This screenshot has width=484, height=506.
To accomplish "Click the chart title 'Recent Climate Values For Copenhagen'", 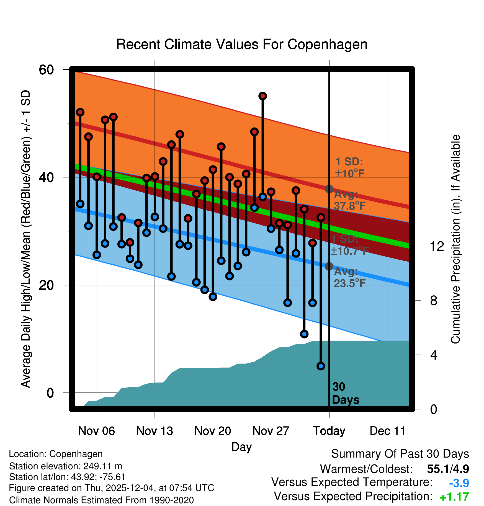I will tap(242, 44).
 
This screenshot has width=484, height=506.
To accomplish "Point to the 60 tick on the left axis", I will tap(46, 69).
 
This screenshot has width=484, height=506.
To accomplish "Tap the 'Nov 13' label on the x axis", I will tap(155, 431).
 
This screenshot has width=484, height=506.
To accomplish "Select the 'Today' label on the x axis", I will tap(329, 431).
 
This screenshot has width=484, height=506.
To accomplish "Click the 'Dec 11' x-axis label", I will tap(387, 431).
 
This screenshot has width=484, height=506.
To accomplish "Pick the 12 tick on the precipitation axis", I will tap(437, 246).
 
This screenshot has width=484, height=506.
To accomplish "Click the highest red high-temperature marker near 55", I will tap(263, 96).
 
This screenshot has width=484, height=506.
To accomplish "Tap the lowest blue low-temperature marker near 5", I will tap(321, 366).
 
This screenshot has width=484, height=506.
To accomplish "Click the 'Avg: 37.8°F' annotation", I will tap(350, 200).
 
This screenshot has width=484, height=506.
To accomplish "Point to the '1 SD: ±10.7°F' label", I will tap(349, 245).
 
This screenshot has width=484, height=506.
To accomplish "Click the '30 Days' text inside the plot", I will tap(345, 393).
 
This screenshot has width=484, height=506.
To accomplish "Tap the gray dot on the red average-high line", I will tap(329, 189).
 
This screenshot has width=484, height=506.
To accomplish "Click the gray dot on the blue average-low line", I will tap(329, 266).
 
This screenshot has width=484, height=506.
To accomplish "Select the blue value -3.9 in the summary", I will tap(459, 483).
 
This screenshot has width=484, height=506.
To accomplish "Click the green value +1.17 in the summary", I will tap(454, 497).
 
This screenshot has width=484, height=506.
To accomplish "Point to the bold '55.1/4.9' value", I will tap(448, 469).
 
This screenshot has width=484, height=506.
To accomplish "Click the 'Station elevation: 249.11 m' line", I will tap(66, 466).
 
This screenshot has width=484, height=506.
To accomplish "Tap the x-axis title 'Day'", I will tap(241, 447).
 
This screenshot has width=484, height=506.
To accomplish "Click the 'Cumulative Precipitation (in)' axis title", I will tap(455, 239).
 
